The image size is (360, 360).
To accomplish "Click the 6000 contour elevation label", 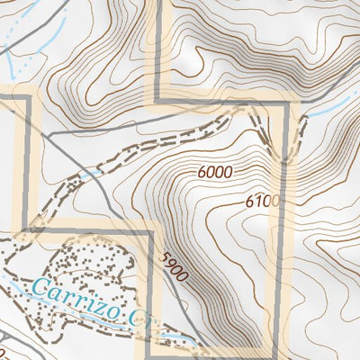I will (211, 172).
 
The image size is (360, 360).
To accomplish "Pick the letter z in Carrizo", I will (96, 305).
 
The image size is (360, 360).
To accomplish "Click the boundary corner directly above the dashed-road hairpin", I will (289, 103).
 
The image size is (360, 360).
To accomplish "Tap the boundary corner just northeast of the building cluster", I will (148, 231).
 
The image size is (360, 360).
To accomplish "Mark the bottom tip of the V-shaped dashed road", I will (283, 161).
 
